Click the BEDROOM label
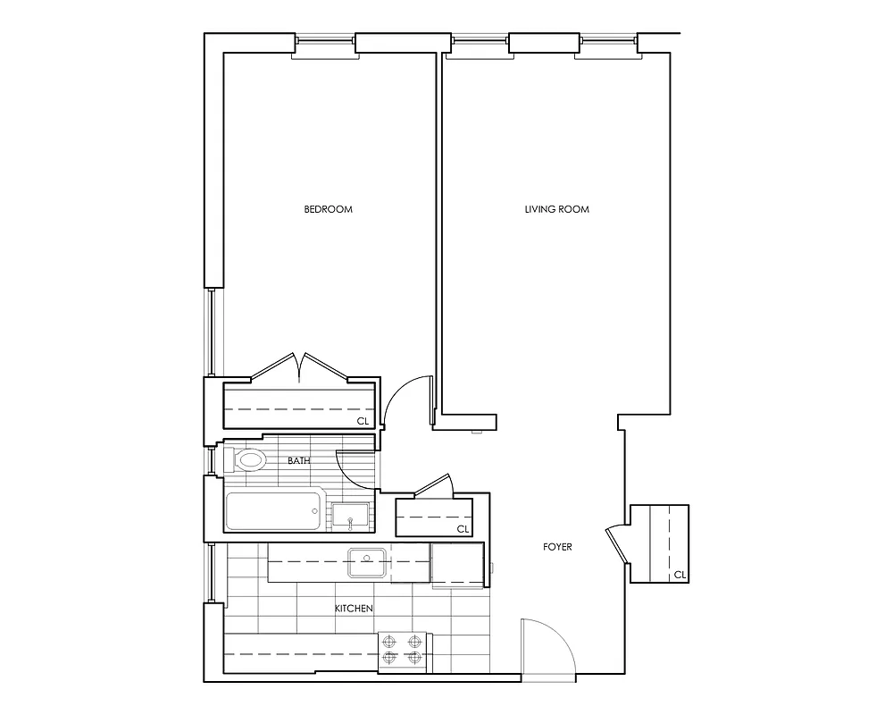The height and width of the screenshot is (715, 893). click(x=328, y=210)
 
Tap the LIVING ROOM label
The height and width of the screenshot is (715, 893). click(x=556, y=210)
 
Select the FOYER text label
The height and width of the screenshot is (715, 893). click(x=557, y=547)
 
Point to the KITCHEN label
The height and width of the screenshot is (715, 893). click(x=354, y=609)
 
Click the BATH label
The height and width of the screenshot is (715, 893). click(x=298, y=461)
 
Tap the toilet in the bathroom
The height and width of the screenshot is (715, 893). click(x=247, y=461)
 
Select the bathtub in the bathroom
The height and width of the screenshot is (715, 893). click(x=272, y=512)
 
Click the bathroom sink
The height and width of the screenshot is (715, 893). click(x=350, y=515)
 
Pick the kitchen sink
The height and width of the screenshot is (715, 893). click(x=366, y=563)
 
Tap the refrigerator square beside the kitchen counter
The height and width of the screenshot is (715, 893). click(x=457, y=565)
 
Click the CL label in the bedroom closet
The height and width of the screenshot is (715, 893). click(x=363, y=420)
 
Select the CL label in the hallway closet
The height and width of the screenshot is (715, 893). click(x=463, y=529)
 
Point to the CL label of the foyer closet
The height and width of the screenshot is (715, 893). click(x=680, y=574)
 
